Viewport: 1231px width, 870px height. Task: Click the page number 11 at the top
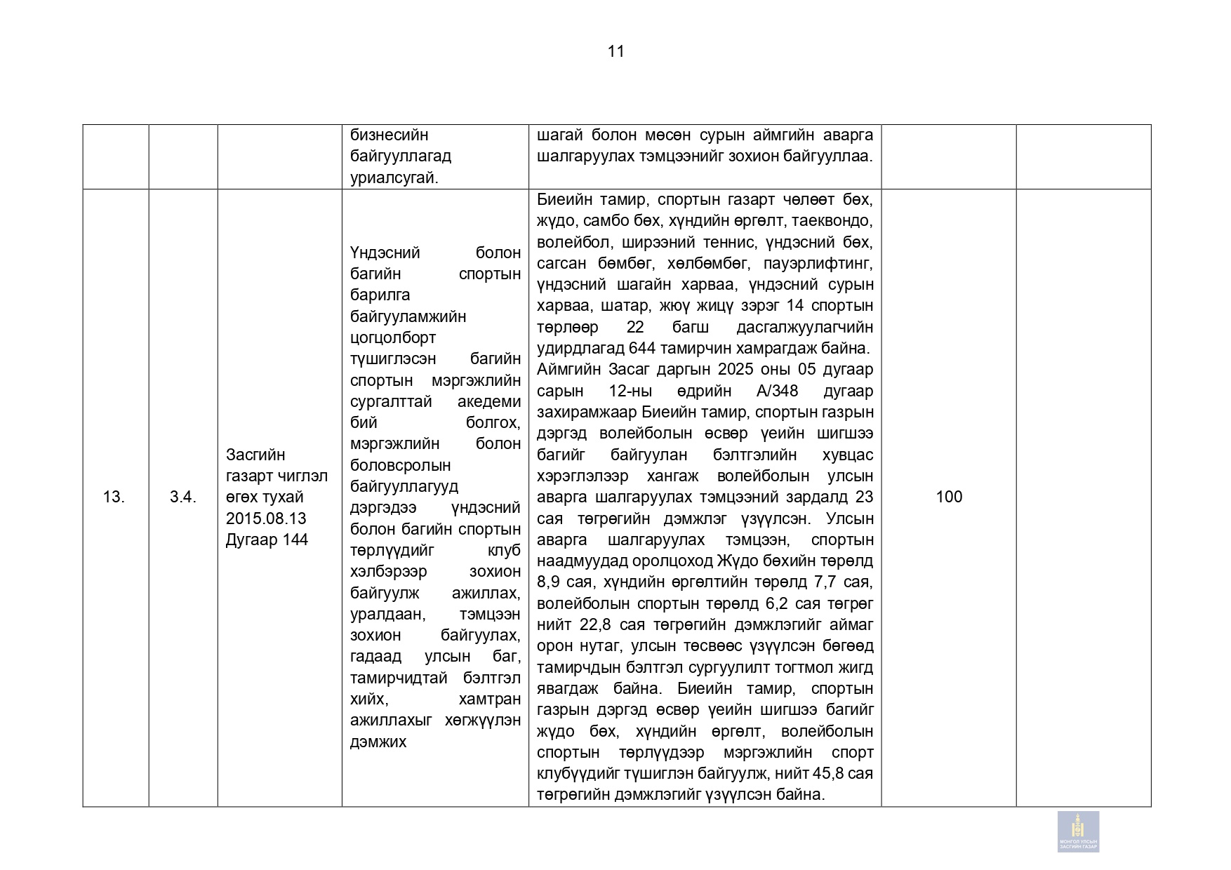tap(615, 51)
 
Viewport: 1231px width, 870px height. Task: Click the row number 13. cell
tap(114, 497)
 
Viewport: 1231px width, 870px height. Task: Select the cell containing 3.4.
tap(182, 497)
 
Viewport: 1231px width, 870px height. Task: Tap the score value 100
tap(949, 497)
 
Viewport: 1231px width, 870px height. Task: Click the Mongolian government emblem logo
tap(1078, 831)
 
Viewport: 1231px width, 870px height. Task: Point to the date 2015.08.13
tap(266, 518)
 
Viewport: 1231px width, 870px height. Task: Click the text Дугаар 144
tap(267, 540)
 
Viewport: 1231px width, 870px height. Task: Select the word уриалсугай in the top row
tap(394, 178)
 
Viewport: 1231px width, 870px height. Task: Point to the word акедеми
tap(489, 402)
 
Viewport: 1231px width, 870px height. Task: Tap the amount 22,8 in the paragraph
tap(593, 625)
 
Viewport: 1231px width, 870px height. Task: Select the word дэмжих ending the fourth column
tap(378, 742)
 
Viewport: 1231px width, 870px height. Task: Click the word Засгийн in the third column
tap(255, 455)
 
